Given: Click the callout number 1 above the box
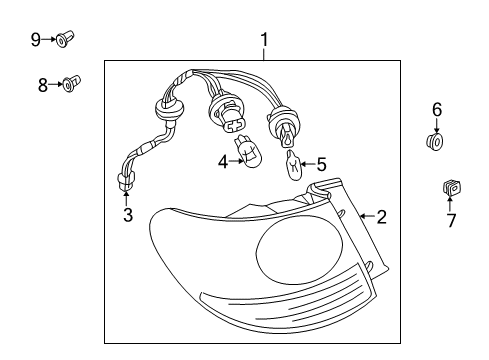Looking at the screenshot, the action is pos(264,40).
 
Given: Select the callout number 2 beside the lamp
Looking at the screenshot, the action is pos(381,217).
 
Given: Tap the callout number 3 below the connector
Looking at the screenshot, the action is pos(128,215).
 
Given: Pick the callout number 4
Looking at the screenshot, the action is pos(223,162).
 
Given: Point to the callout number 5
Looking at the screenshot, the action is pos(321,164).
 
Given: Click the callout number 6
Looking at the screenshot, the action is pos(437,109).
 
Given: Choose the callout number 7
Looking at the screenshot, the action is pos(451,220).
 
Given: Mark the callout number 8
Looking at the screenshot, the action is pos(43,85).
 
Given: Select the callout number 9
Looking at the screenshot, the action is pos(36,40).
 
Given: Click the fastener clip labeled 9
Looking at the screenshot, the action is pos(65,39).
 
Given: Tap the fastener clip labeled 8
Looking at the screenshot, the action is pos(71,83).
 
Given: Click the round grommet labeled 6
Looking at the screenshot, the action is pos(435,141).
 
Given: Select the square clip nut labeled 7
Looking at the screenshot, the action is pos(452,187).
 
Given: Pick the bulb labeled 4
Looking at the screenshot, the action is pos(249,151).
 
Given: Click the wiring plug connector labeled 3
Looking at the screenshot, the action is pos(125,181).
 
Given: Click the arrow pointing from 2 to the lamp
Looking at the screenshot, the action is pos(368,216).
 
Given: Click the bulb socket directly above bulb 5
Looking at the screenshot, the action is pos(283,125).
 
